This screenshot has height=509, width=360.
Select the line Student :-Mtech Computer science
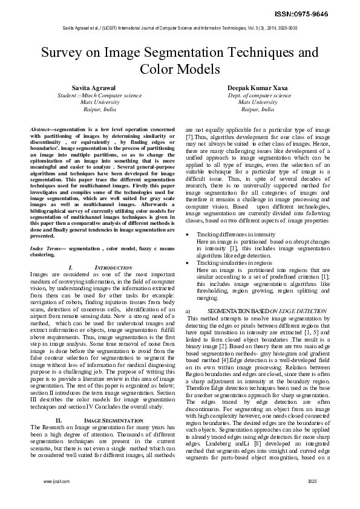click(99, 96)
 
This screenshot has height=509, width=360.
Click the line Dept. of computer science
click(260, 96)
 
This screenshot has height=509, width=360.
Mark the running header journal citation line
click(180, 28)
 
